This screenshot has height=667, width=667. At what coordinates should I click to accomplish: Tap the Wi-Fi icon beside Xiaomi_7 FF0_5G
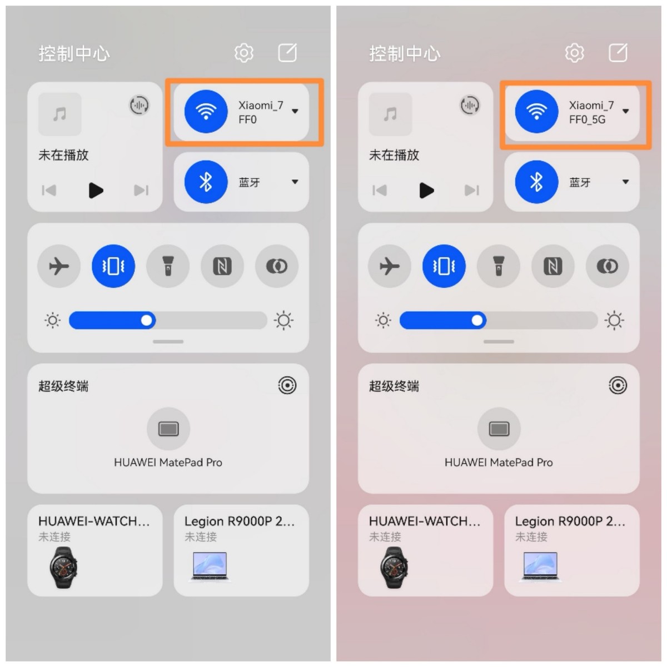(536, 111)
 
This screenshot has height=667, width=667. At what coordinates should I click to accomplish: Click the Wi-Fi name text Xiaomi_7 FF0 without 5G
(260, 112)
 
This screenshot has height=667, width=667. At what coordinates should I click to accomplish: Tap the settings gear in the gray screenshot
(243, 53)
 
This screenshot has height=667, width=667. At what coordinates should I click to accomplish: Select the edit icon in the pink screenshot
(618, 53)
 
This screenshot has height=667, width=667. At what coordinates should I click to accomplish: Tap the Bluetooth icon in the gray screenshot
(206, 182)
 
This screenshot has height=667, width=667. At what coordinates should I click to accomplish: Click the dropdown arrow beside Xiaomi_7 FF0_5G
(626, 111)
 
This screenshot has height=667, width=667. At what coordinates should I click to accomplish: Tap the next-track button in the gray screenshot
(141, 191)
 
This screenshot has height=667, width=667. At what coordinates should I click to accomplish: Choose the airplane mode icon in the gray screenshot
(58, 266)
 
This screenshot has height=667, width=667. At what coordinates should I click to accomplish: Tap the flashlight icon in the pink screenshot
(499, 266)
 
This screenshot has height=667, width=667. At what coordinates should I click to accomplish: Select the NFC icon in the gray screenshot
(222, 266)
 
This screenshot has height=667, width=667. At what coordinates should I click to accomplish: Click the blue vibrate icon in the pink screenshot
(444, 266)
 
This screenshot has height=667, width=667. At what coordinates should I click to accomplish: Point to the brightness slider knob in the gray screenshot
(147, 320)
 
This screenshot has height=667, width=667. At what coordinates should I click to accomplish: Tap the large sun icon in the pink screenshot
(614, 320)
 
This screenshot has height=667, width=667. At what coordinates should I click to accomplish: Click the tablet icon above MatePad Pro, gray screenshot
(168, 429)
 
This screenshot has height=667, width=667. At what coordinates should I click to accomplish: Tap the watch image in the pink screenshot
(394, 568)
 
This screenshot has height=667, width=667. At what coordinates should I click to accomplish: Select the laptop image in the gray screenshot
(210, 566)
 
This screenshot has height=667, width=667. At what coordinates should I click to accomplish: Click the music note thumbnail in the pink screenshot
(390, 115)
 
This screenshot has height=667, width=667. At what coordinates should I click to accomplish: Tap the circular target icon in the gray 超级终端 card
(287, 385)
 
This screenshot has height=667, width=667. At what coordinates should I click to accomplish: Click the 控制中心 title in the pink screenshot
(405, 53)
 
